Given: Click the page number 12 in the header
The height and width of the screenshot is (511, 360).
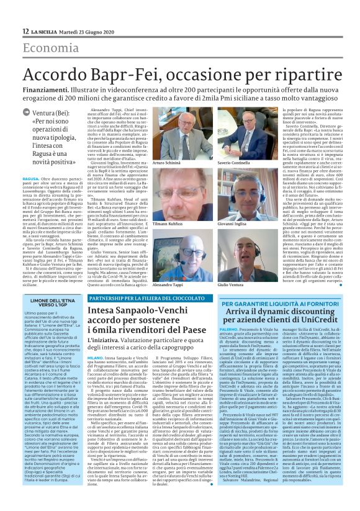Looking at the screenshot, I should click(25, 32).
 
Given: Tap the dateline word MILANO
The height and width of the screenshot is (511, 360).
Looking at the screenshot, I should click(95, 358).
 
